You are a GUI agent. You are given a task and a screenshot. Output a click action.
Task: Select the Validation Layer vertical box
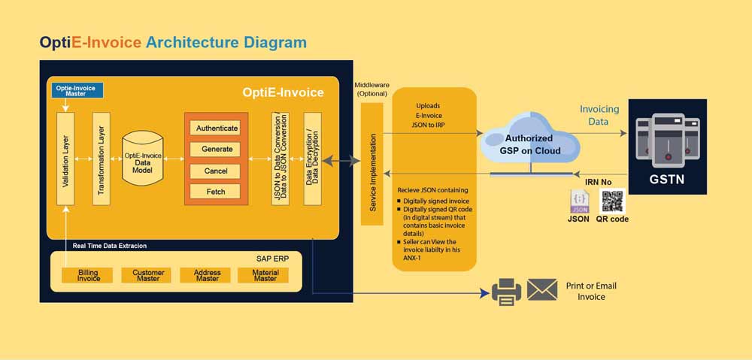pos(66,159)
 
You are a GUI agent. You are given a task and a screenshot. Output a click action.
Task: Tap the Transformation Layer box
pos(102,159)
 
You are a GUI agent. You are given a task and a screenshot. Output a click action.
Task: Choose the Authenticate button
pos(217,128)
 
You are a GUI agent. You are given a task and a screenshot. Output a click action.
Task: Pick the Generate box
pos(217,149)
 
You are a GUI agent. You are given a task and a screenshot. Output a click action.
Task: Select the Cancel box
pos(217,171)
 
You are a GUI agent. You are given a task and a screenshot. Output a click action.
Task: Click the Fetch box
pos(217,192)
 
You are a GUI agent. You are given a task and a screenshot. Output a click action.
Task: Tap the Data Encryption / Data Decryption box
pos(312,159)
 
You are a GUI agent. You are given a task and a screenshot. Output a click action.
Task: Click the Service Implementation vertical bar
pos(371,164)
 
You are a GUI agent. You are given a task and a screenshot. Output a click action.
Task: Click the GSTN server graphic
pos(666,138)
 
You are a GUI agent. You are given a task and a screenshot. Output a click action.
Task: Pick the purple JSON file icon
pos(579,201)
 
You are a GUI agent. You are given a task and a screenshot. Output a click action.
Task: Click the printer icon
pos(506,292)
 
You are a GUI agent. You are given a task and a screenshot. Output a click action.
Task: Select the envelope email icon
pos(541,290)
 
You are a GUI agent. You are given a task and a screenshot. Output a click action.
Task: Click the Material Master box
pos(265,276)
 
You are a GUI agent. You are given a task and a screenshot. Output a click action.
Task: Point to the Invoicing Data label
pos(599,114)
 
